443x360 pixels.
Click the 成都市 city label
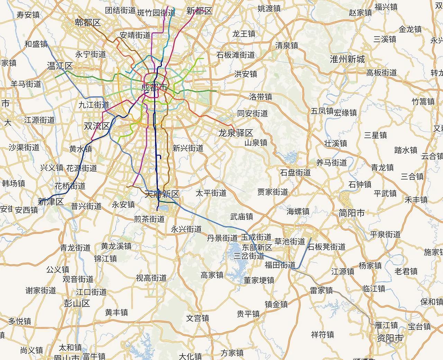154,87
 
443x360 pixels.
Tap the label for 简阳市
352,213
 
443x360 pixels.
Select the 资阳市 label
390,338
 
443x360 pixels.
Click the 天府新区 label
162,194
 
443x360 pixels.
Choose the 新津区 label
51,202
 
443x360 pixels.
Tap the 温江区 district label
60,66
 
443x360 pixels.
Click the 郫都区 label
88,23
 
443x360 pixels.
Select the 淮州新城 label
347,59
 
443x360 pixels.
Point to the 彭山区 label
77,304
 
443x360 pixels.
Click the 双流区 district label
97,126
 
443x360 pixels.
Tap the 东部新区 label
257,247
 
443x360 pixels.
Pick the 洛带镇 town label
261,97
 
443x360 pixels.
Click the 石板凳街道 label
327,247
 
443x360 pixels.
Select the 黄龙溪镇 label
116,246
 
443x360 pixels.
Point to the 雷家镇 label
321,290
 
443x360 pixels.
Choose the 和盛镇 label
36,44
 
